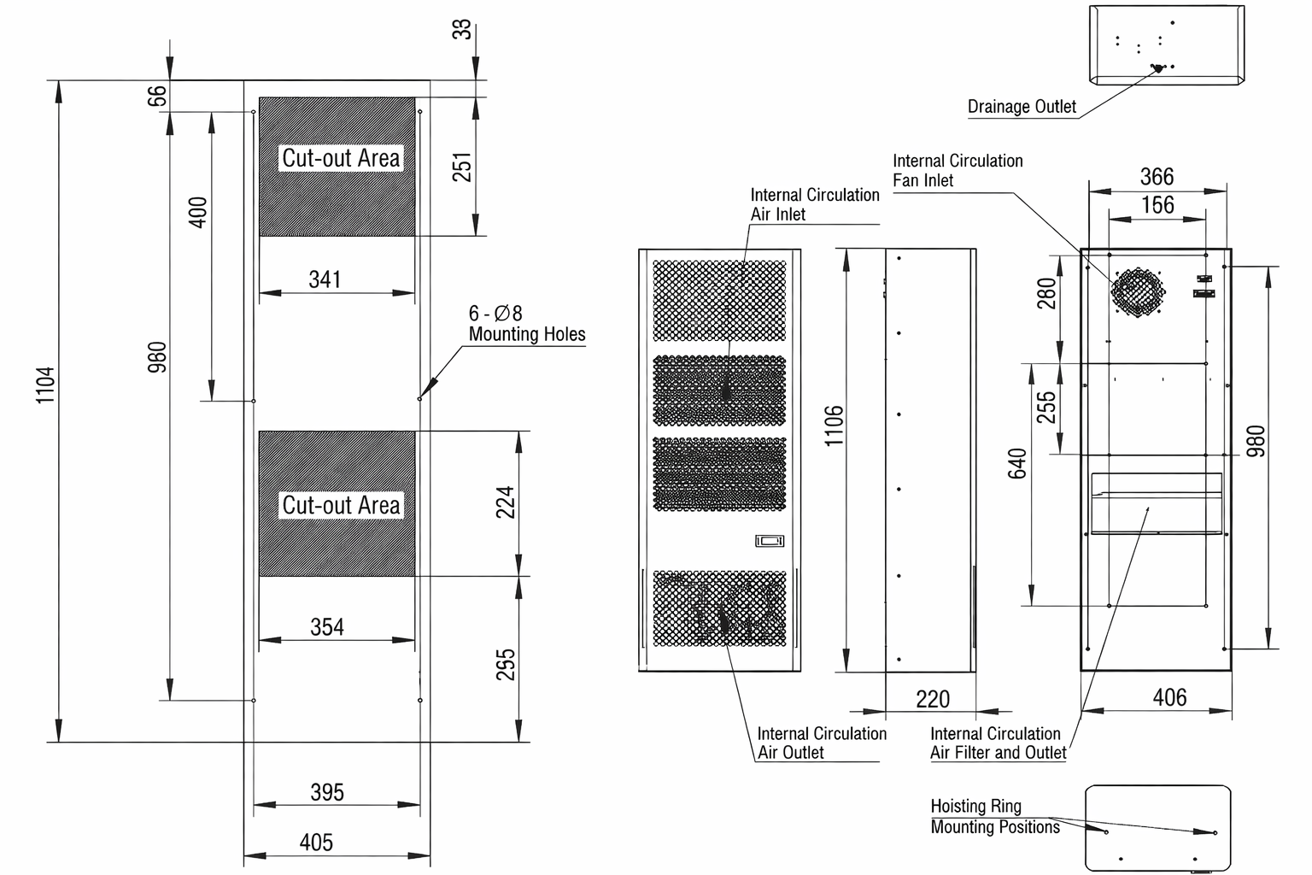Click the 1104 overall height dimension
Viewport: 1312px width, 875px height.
coord(45,385)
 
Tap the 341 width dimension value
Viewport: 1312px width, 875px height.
coord(325,279)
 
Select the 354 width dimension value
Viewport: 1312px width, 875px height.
coord(327,627)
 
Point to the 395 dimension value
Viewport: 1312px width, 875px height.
coord(327,792)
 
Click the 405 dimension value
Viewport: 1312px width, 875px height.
coord(316,843)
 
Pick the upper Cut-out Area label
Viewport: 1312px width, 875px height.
coord(341,158)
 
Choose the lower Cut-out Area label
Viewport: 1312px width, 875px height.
coord(341,505)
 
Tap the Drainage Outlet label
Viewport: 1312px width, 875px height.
coord(1022,107)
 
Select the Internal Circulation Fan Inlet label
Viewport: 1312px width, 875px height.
coord(958,170)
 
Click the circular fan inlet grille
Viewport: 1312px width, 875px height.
coord(1138,291)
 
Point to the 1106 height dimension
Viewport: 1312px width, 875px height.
coord(834,426)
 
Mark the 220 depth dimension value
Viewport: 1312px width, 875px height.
coord(933,699)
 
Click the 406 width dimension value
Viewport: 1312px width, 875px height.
coord(1169,697)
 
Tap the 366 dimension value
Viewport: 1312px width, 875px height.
coord(1157,176)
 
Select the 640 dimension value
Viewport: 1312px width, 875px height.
coord(1017,463)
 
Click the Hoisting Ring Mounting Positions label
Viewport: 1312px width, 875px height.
coord(995,816)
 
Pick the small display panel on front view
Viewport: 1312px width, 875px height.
coord(770,541)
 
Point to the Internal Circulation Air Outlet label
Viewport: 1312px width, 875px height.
coord(822,743)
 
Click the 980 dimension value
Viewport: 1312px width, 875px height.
coord(1256,441)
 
